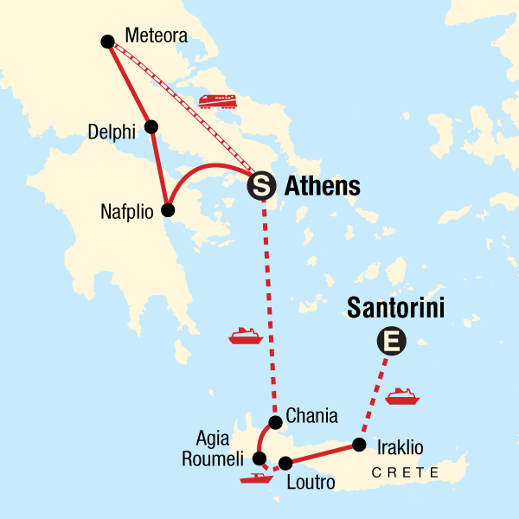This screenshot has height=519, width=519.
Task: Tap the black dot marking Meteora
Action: pos(107,41)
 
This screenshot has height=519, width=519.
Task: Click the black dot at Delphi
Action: pos(151,127)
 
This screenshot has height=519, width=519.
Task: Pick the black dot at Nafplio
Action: pos(169,210)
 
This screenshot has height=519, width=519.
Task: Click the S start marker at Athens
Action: pos(261,185)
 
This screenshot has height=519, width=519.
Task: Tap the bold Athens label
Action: pos(322,185)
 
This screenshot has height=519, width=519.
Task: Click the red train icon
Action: pos(217,101)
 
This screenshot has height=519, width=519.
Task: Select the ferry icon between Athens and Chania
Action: pos(246,336)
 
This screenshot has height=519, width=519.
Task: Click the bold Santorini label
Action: pos(395,308)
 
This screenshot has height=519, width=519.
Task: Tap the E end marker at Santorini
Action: pos(391,343)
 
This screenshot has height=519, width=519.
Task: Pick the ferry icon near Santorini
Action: pos(402,396)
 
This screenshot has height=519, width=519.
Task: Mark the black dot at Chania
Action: pos(275,423)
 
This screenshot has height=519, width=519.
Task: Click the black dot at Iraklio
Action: pos(358,445)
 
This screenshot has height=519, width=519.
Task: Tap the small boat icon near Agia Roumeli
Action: pos(257,477)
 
